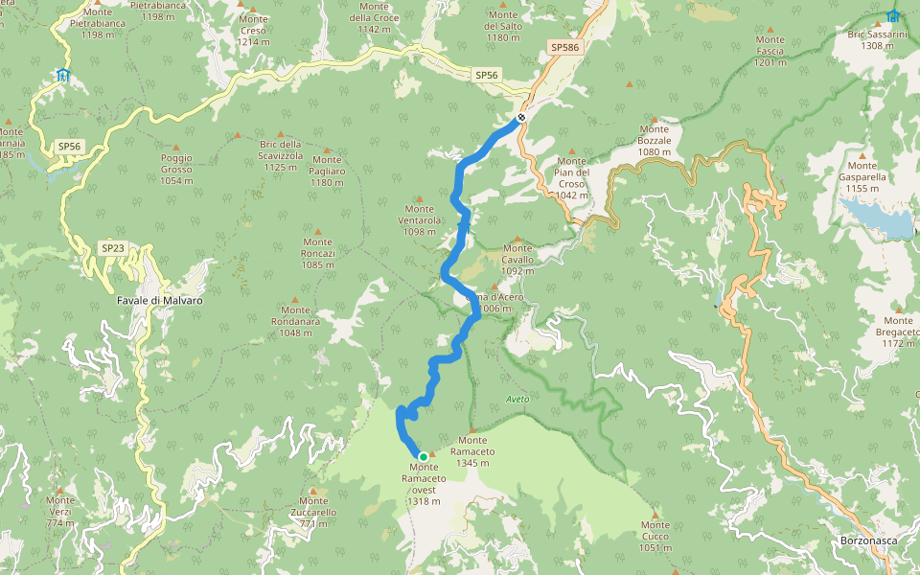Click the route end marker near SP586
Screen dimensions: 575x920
(521, 118)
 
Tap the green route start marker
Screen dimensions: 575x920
(423, 456)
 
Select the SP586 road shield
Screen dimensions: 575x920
(563, 47)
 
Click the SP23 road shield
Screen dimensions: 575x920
(113, 248)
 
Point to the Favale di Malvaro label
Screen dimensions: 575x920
(159, 300)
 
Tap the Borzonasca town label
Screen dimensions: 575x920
(868, 541)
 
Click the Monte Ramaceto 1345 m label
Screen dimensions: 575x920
(477, 451)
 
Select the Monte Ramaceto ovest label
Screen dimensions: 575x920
(424, 484)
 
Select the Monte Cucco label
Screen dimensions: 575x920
(655, 536)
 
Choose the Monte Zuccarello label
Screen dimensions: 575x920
(313, 512)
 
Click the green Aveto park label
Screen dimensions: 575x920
(517, 398)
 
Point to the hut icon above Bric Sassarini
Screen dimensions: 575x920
(893, 16)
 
